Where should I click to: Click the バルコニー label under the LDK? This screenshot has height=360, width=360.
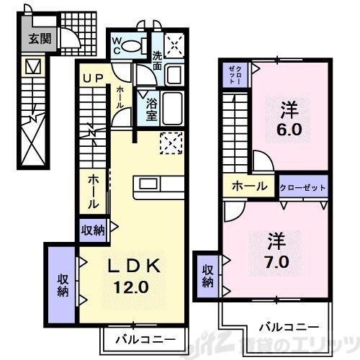tap(141, 338)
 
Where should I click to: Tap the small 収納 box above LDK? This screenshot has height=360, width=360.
tap(94, 230)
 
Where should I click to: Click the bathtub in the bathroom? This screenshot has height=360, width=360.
tap(170, 107)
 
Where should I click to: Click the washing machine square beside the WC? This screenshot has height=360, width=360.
tap(173, 45)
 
